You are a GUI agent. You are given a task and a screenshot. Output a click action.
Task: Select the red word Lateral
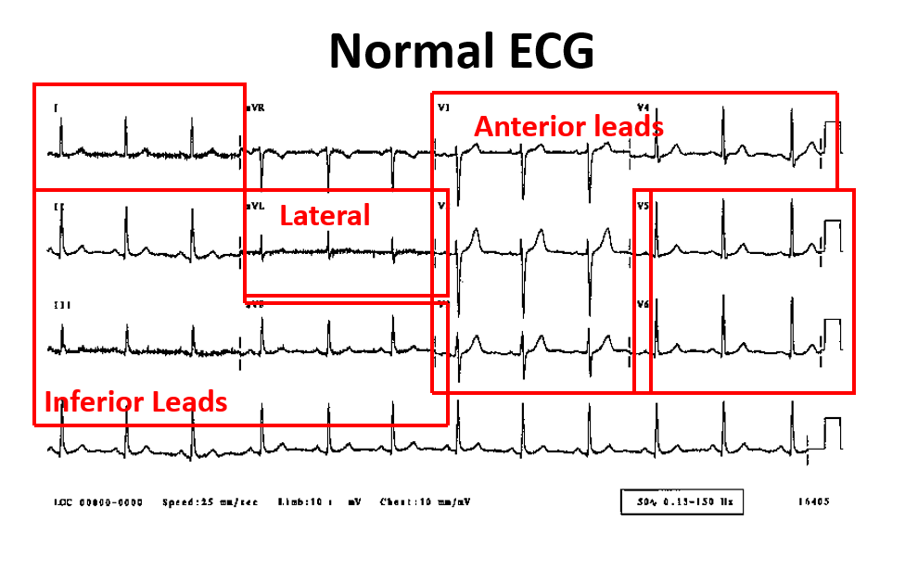pos(325,216)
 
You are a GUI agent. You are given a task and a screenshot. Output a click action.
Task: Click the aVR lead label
pos(255,108)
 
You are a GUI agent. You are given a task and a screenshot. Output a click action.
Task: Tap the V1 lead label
pos(444,108)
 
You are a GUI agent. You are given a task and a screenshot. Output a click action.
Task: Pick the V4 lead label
pos(643,108)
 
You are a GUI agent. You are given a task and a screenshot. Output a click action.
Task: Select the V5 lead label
pos(643,206)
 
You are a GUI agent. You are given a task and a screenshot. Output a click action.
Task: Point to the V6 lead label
pos(643,304)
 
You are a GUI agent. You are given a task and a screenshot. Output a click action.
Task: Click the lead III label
pos(63,304)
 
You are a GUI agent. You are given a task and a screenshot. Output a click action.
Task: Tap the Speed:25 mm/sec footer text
pos(210,502)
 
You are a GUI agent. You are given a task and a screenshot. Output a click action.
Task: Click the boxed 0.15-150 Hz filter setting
pos(682,502)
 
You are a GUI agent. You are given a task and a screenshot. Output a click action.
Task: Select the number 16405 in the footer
pos(813,502)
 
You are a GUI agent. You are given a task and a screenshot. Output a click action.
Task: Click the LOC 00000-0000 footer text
pos(98,502)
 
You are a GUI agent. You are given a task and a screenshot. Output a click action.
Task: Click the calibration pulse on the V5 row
pos(832,234)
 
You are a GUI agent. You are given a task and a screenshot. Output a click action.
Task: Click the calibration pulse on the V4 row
pos(832,136)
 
